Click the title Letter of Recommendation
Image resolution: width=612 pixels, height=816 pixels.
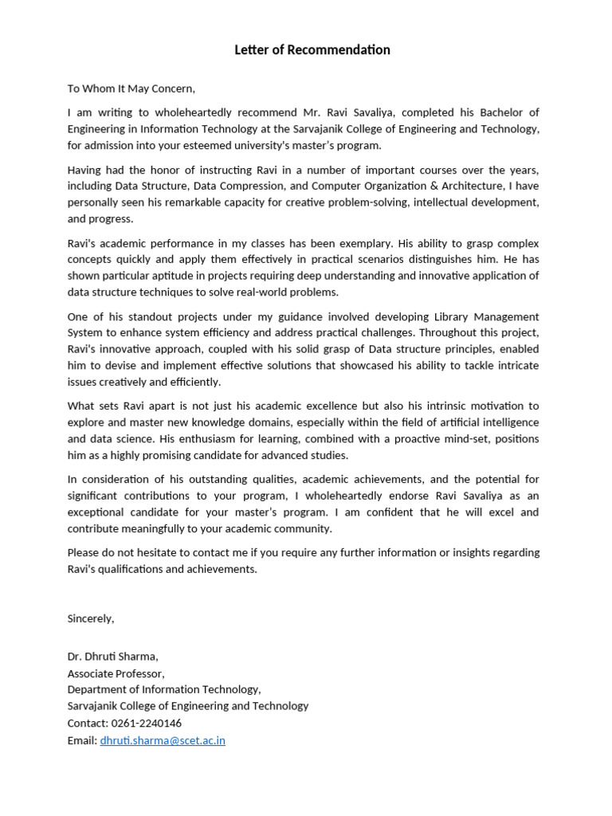(x=312, y=50)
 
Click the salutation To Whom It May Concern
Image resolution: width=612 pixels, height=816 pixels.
(x=131, y=88)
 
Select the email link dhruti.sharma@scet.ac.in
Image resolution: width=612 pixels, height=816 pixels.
(x=163, y=740)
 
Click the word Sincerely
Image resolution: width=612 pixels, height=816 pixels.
(x=91, y=618)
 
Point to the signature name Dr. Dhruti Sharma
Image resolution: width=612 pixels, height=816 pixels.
(x=112, y=657)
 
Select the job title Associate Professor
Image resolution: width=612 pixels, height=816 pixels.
(x=116, y=673)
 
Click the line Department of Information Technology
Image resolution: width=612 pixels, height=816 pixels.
(x=163, y=689)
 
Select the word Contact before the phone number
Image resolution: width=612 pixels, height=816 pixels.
(x=86, y=724)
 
